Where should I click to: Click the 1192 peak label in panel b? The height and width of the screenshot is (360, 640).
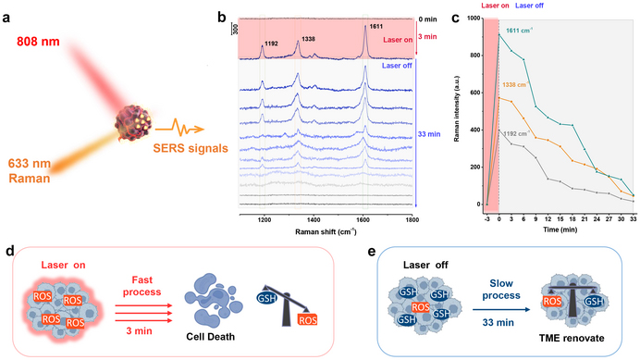(269, 43)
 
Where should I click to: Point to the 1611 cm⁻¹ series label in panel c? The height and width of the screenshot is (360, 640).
(523, 31)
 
